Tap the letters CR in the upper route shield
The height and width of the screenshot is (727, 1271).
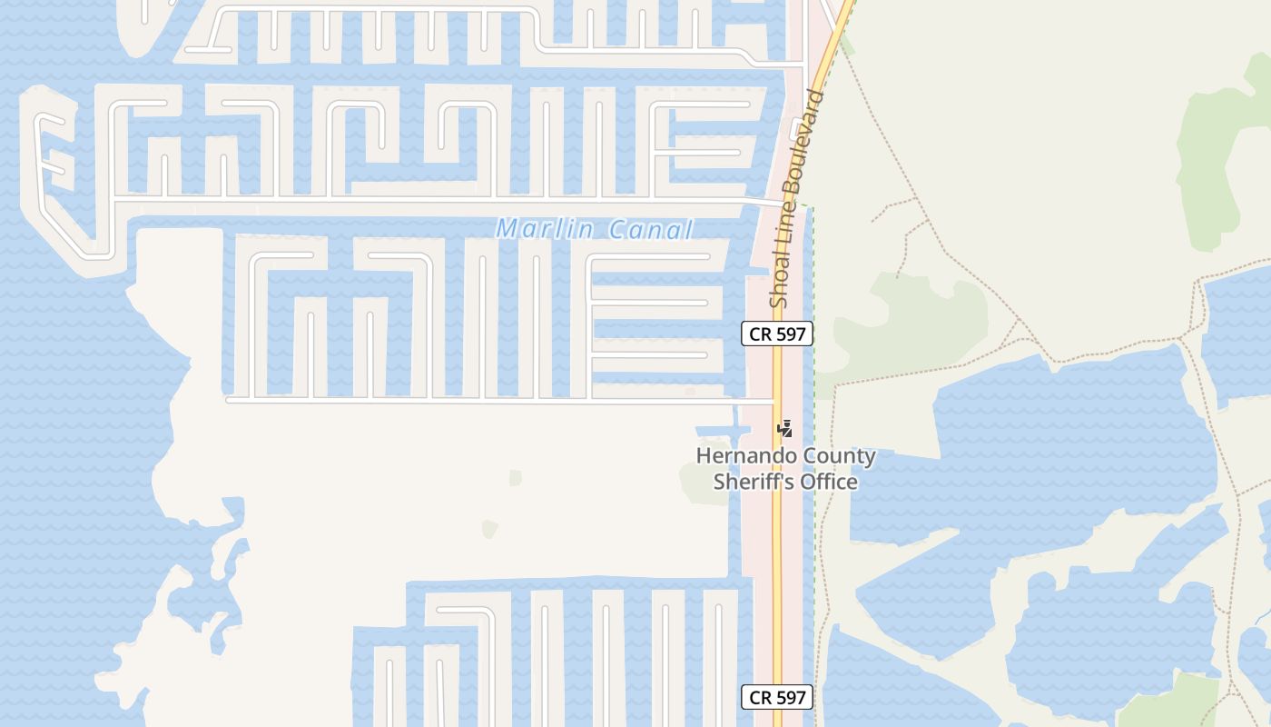tap(761, 334)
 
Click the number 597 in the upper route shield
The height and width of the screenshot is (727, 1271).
tap(791, 334)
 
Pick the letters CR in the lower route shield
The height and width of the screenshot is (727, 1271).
tap(761, 698)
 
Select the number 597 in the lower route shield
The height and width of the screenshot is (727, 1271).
tap(791, 698)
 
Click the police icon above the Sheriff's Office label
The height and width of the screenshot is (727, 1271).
tap(785, 429)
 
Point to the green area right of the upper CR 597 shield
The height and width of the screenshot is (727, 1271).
tap(908, 318)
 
